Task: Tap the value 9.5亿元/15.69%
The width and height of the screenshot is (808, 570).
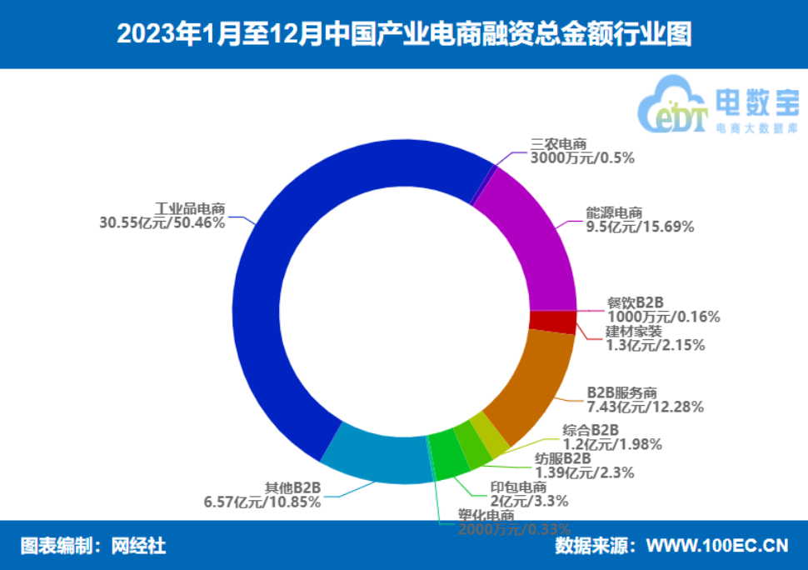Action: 640,226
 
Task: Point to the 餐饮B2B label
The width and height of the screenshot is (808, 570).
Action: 639,302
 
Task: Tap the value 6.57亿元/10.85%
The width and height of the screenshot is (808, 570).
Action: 262,502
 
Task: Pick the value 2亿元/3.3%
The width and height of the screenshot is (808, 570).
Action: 529,501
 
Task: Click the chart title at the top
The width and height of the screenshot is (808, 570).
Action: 403,34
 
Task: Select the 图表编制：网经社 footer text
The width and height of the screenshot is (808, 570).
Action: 93,546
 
